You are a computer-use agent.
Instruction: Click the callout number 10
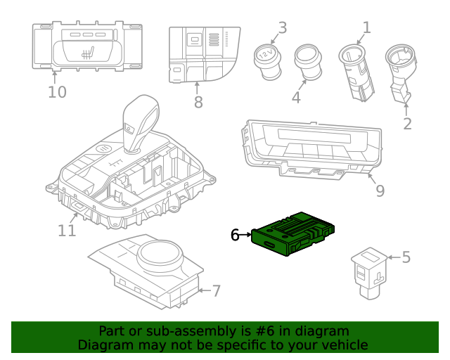(x=57, y=92)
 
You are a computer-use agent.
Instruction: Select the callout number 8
(x=198, y=103)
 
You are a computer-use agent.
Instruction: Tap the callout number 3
(x=282, y=28)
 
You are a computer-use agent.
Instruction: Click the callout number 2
(x=407, y=124)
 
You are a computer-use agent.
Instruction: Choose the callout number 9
(x=380, y=191)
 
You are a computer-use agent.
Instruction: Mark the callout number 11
(x=67, y=231)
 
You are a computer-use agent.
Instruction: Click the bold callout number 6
(x=235, y=236)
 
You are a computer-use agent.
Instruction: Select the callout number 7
(x=216, y=290)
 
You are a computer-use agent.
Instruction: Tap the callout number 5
(x=406, y=257)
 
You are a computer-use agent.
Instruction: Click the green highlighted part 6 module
(x=294, y=233)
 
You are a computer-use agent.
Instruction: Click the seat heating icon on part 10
(x=86, y=50)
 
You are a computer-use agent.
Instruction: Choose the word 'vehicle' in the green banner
(x=341, y=345)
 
